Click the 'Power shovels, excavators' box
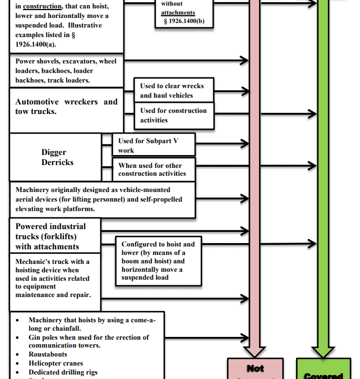[66, 71]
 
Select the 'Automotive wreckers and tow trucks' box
[66, 107]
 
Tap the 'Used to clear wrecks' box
[174, 90]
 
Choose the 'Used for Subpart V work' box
[153, 145]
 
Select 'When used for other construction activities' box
[154, 170]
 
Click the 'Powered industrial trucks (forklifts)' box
[55, 236]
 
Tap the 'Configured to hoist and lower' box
[158, 261]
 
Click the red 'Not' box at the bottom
[255, 369]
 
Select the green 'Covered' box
[323, 373]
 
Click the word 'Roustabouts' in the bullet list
[48, 354]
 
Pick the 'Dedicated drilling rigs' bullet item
[63, 372]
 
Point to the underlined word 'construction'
[43, 7]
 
